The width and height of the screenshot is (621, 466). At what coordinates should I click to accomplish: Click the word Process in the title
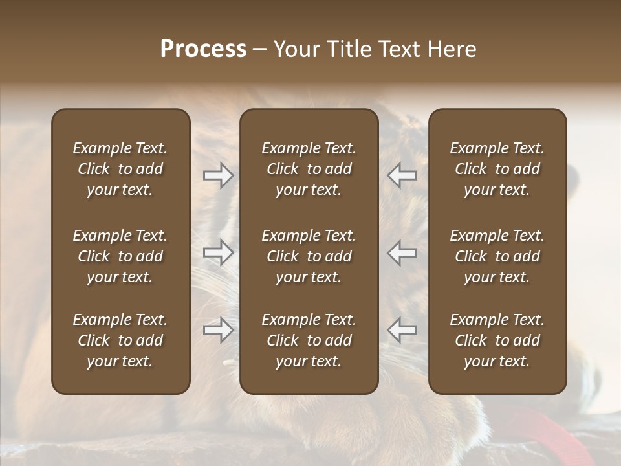pos(203,49)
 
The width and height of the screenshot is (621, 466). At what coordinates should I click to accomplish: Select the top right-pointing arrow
pos(218,175)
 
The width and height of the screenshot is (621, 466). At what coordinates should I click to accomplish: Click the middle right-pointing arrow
pos(218,252)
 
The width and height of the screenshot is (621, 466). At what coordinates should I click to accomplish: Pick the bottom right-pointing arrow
pos(218,330)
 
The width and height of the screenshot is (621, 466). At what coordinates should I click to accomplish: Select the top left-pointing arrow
pos(402,175)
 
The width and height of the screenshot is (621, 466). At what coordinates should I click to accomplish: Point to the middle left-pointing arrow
pos(402,252)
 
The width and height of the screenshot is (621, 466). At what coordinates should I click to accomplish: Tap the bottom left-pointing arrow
pos(402,330)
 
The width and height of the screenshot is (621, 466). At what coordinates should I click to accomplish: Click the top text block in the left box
pos(120,169)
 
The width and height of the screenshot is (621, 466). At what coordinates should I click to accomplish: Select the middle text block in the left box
pos(120,256)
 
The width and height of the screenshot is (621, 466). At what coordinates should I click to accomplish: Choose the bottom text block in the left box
pos(120,340)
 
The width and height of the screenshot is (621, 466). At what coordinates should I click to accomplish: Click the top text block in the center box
pos(309,169)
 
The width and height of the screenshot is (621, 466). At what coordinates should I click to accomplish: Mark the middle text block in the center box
pos(309,256)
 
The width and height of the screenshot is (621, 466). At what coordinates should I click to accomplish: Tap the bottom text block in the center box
pos(309,340)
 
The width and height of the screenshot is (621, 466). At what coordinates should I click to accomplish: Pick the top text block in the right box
pos(497,169)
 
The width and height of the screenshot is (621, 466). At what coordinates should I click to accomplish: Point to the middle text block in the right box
pos(497,256)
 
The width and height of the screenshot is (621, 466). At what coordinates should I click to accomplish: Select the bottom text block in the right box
pos(497,340)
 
